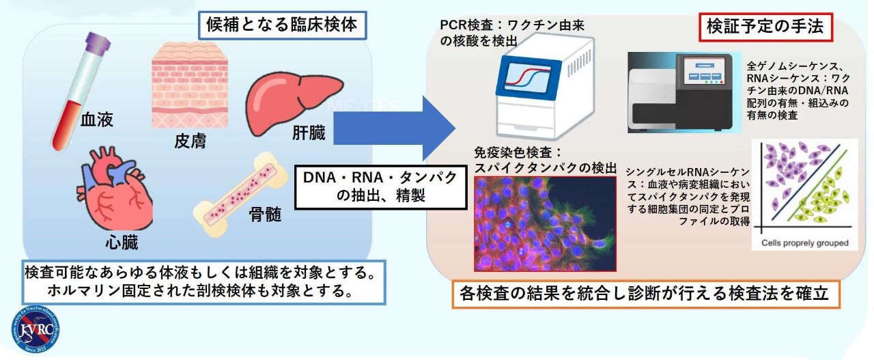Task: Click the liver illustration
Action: coord(293,100)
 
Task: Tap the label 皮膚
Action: coord(191,142)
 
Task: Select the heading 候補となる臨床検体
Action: coord(283,27)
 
